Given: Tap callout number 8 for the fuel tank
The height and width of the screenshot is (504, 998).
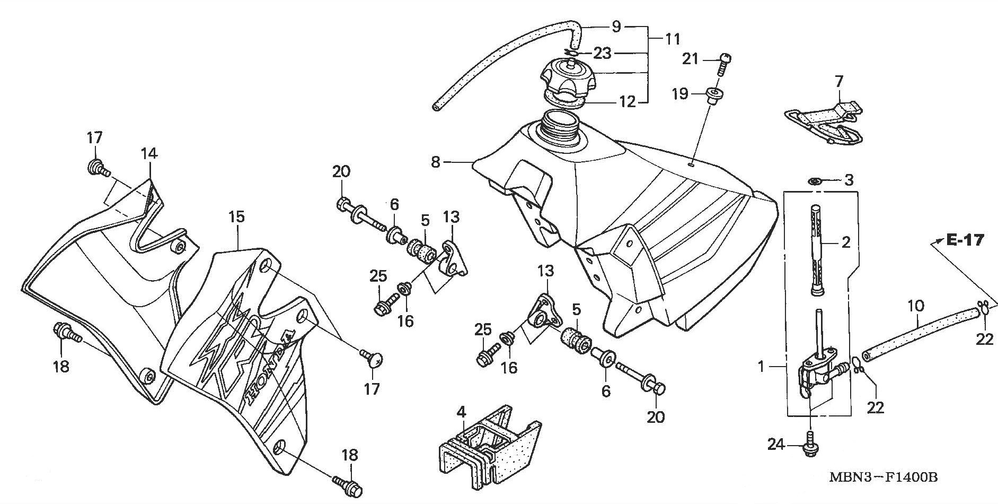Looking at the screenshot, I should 436,162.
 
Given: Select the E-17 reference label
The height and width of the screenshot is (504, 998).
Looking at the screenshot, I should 965,240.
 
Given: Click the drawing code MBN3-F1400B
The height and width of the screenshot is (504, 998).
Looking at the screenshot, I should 884,477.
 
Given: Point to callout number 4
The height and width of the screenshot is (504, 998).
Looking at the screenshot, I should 461,412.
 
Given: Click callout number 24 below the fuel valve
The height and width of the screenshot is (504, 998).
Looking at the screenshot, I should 776,444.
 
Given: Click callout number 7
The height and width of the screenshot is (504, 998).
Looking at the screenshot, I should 838,82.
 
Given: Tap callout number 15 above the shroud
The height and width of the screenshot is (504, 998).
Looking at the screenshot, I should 236,218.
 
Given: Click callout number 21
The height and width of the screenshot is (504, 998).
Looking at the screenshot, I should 691,59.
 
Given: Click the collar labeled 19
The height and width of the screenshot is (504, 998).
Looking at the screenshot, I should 713,96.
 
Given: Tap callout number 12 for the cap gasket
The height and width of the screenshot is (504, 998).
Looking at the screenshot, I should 627,102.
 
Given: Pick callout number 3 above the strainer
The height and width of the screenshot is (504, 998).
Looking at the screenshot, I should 849,180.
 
